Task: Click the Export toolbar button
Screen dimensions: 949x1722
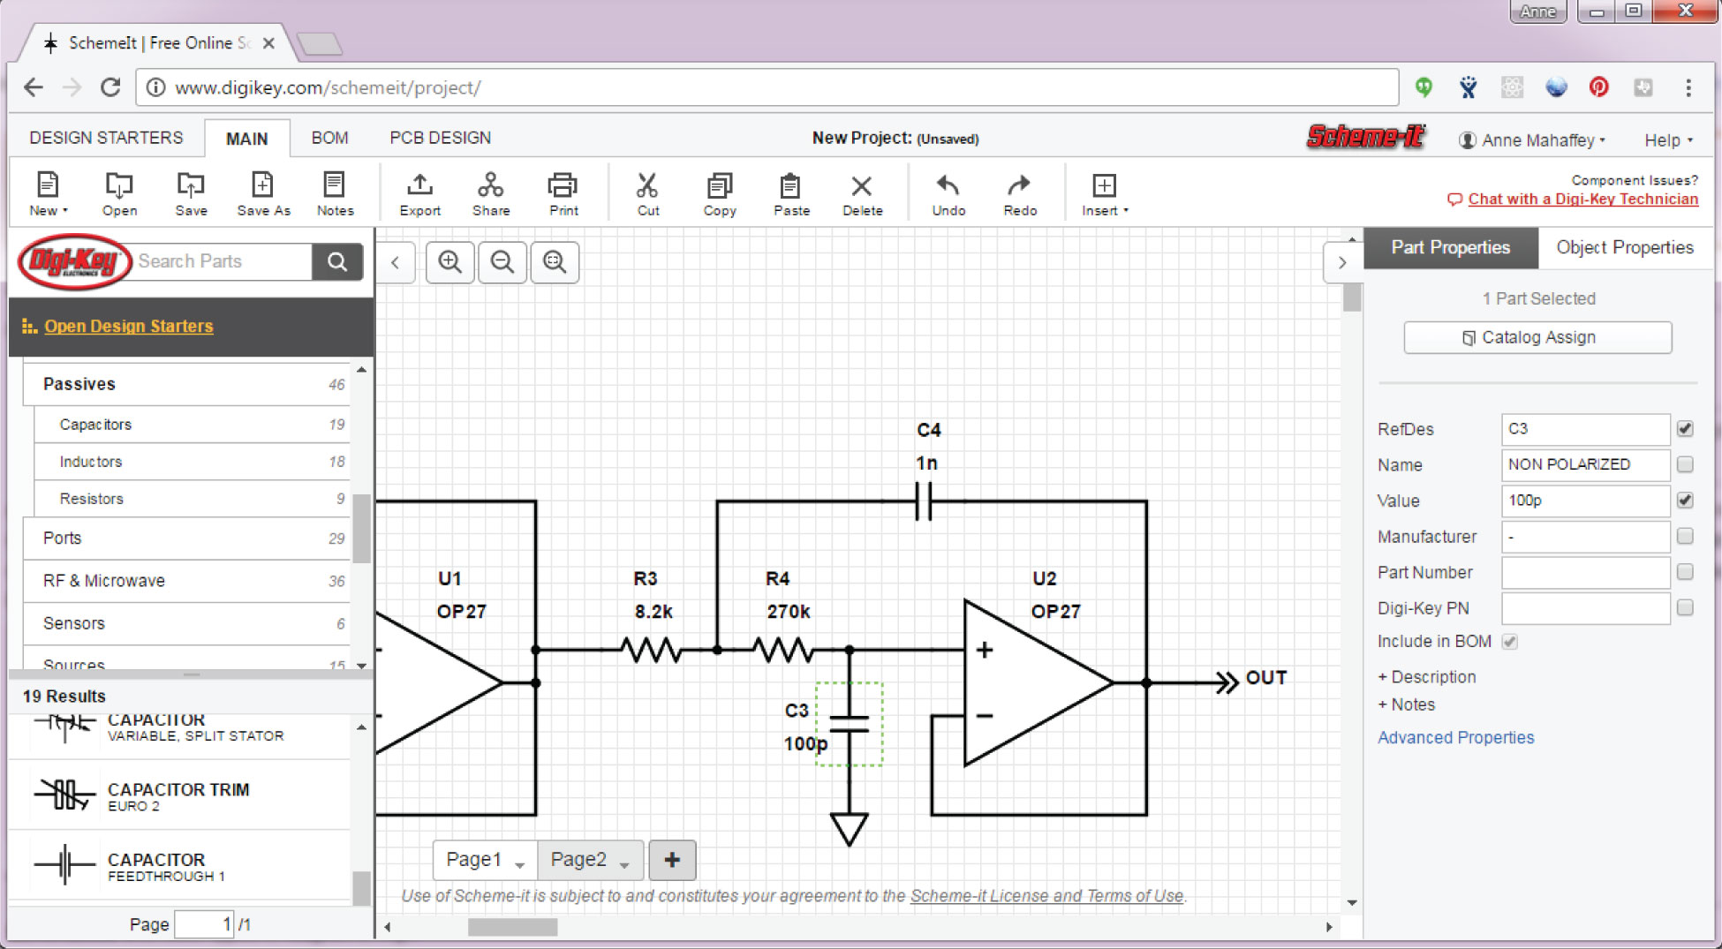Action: pyautogui.click(x=419, y=194)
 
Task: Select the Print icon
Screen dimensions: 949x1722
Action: pyautogui.click(x=563, y=194)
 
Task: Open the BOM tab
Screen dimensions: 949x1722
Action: pyautogui.click(x=329, y=138)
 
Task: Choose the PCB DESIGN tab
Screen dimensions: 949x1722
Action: pyautogui.click(x=440, y=138)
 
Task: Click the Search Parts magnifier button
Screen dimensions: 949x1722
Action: pyautogui.click(x=337, y=261)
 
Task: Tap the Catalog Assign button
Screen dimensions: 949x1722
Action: pyautogui.click(x=1537, y=337)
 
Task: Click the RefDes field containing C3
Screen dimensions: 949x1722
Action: pyautogui.click(x=1584, y=429)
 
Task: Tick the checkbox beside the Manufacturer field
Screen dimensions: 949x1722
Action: pyautogui.click(x=1685, y=536)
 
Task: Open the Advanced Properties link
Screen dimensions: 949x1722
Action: pyautogui.click(x=1455, y=737)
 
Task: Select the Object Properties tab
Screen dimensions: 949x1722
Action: pyautogui.click(x=1624, y=247)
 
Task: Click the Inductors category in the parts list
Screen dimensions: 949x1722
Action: pyautogui.click(x=91, y=462)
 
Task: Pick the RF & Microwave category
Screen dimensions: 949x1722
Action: pyautogui.click(x=104, y=581)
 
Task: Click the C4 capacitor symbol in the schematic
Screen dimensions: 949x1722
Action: pyautogui.click(x=924, y=501)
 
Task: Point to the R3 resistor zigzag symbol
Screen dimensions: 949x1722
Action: pyautogui.click(x=651, y=651)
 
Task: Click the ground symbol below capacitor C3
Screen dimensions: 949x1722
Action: pyautogui.click(x=849, y=829)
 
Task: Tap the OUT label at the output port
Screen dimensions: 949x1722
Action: pyautogui.click(x=1265, y=678)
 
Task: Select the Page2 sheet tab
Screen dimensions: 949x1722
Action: pyautogui.click(x=579, y=860)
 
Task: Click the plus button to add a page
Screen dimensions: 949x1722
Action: pyautogui.click(x=672, y=860)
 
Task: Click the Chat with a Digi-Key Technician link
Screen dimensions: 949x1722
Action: pyautogui.click(x=1582, y=200)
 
